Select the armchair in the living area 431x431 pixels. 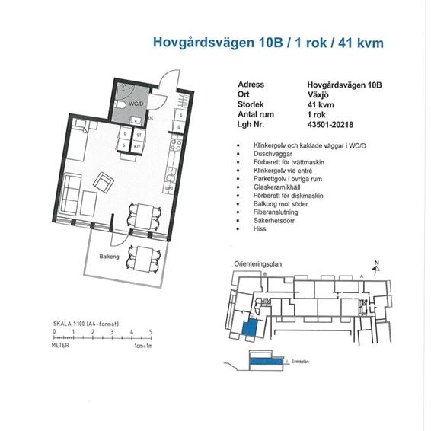click(104, 182)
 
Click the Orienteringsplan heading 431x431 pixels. click(257, 263)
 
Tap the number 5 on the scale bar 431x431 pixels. click(152, 332)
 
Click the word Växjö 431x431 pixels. click(318, 95)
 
